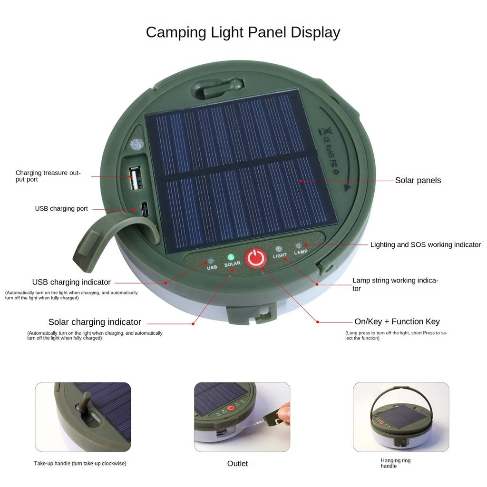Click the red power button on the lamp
[x=255, y=258]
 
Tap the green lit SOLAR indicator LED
[x=231, y=257]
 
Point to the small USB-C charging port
[x=144, y=209]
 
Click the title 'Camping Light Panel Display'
[x=243, y=32]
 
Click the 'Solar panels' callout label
[x=418, y=180]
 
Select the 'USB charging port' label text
[x=61, y=209]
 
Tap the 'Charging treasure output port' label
[x=48, y=176]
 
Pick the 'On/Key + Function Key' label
[x=397, y=321]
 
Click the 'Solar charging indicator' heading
[x=95, y=322]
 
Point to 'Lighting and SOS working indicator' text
[x=425, y=245]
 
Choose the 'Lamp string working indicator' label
[x=395, y=284]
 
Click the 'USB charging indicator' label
[x=71, y=282]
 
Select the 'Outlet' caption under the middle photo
[x=237, y=464]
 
